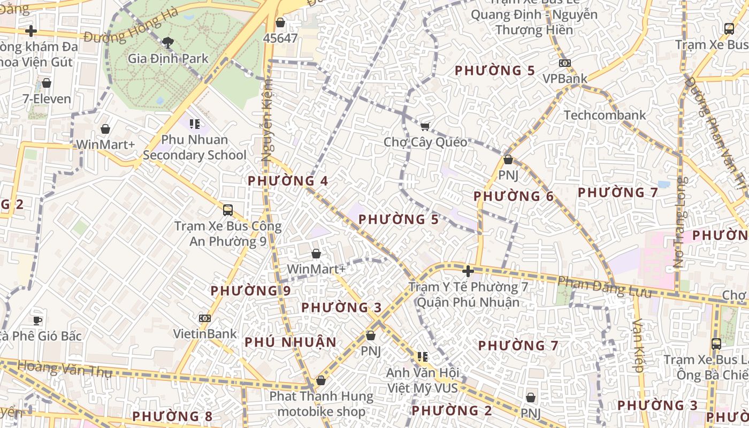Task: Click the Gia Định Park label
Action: click(168, 58)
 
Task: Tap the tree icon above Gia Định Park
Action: click(168, 42)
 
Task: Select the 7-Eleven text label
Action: click(47, 99)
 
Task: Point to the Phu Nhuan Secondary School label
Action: click(195, 148)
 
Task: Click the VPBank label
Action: click(565, 79)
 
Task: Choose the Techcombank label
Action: click(605, 115)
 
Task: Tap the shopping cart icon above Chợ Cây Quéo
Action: click(425, 126)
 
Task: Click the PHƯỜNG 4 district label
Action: click(288, 181)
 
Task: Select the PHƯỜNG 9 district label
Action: click(250, 291)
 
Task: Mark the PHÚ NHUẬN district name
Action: click(291, 342)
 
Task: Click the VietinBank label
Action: click(204, 334)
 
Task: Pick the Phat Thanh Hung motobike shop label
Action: click(321, 404)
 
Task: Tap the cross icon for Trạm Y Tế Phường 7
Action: click(468, 271)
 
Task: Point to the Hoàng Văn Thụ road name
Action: click(64, 369)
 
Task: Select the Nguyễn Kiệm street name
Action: click(267, 120)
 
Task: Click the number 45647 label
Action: click(280, 39)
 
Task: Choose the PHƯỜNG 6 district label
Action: click(514, 196)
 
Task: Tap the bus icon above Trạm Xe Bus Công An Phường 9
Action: click(228, 210)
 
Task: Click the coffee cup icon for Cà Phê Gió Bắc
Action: click(37, 320)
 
